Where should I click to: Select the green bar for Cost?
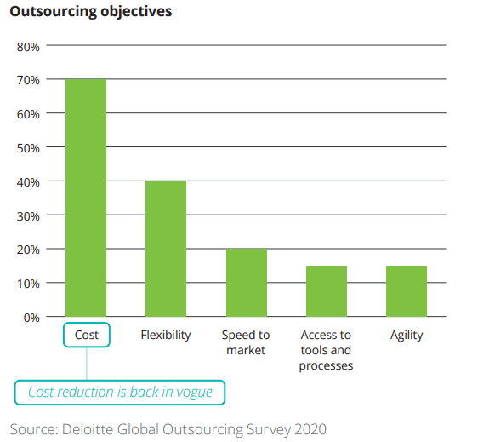click(x=86, y=198)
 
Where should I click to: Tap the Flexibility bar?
click(x=166, y=248)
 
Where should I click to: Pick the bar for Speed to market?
click(x=246, y=282)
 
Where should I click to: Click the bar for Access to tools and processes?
click(x=326, y=290)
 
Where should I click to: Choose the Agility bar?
click(x=406, y=290)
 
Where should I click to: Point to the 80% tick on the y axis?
click(x=28, y=46)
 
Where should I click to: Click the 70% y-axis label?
click(x=28, y=80)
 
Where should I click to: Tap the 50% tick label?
click(x=28, y=147)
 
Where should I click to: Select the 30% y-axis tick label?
click(x=28, y=215)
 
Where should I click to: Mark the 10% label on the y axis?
click(x=28, y=283)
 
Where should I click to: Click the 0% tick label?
click(x=31, y=317)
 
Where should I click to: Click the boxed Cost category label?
click(x=86, y=335)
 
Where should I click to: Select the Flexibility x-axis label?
click(x=166, y=335)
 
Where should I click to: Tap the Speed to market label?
click(x=246, y=342)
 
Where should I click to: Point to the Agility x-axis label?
click(x=406, y=335)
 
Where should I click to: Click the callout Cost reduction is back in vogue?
click(x=120, y=392)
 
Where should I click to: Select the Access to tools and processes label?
click(x=326, y=350)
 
